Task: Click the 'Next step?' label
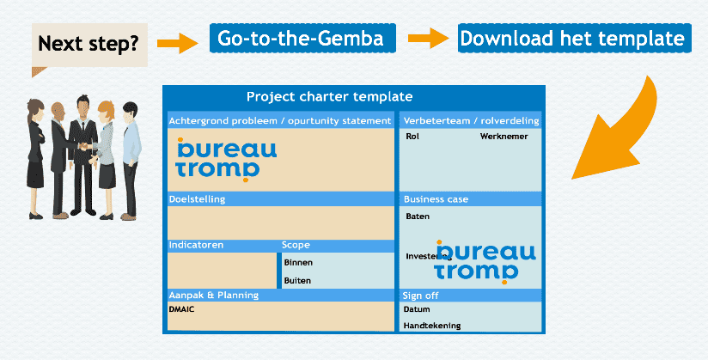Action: click(88, 42)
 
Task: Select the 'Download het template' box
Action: click(571, 39)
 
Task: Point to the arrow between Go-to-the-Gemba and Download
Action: click(427, 39)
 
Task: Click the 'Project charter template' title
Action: click(329, 97)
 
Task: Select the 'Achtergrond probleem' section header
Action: click(280, 120)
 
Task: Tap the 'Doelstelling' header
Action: click(197, 199)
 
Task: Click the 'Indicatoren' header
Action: click(196, 245)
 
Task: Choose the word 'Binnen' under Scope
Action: click(298, 262)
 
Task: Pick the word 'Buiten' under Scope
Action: click(297, 281)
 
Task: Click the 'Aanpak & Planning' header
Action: click(214, 295)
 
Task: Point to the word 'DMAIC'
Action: click(182, 309)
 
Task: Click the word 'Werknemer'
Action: click(504, 136)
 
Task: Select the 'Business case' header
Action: click(436, 199)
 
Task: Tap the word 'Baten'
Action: click(418, 217)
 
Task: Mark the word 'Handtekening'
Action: click(432, 326)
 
